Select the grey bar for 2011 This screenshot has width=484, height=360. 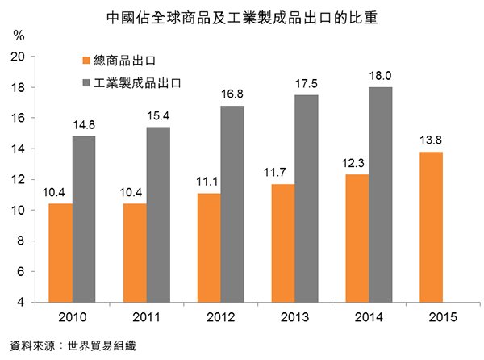coord(157,215)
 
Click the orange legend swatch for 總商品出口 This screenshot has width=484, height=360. coord(86,61)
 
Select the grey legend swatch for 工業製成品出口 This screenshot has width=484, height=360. coord(86,82)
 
